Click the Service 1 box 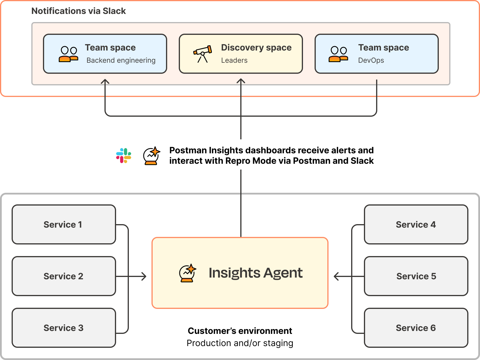click(64, 224)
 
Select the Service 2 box click(64, 276)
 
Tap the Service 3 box click(64, 328)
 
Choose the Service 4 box click(416, 224)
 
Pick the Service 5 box click(416, 276)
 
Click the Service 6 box click(416, 328)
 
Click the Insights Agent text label click(255, 273)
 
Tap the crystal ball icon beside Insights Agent click(187, 273)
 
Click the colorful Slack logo click(124, 156)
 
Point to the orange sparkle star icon click(155, 152)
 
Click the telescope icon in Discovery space click(203, 54)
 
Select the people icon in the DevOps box click(338, 54)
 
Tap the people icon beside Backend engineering click(68, 54)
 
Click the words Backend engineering click(121, 60)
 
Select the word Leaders click(234, 60)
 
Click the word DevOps click(371, 60)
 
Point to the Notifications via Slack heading click(78, 11)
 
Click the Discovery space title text click(256, 48)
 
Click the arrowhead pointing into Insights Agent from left click(144, 276)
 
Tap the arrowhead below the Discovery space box click(241, 81)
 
